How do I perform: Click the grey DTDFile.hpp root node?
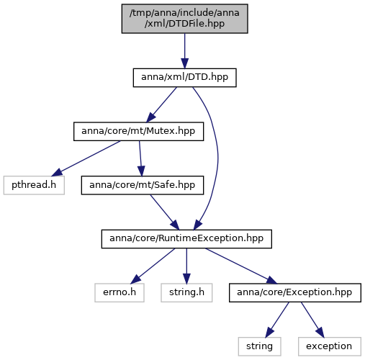pos(184,19)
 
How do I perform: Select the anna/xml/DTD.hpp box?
pos(184,78)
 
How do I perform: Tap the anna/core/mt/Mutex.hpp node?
pos(138,132)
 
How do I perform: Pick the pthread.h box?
pos(34,185)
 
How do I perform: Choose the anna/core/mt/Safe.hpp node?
pos(143,185)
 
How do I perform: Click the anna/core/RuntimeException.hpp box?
pos(186,239)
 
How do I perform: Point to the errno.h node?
pos(120,293)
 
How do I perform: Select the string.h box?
pos(186,293)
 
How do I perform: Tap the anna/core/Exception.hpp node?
pos(295,293)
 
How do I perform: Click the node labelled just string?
pos(259,346)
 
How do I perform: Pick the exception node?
pos(330,346)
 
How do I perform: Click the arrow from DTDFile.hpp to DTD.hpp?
pos(184,51)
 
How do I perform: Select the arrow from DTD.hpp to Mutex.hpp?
pos(161,104)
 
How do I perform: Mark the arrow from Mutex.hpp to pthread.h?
pos(86,158)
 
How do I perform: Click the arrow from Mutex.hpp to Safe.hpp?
pos(140,158)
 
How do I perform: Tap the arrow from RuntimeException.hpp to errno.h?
pos(153,266)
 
